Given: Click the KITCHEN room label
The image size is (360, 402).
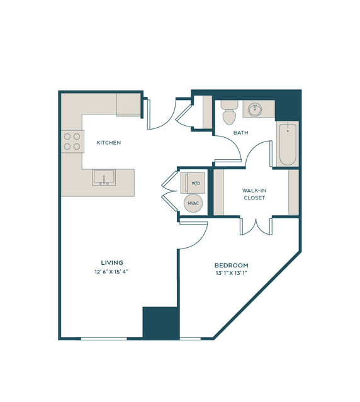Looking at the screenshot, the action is coord(108,143).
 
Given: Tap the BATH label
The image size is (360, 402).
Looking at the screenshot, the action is coord(241,133).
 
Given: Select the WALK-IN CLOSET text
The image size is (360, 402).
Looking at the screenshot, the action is coord(254,194).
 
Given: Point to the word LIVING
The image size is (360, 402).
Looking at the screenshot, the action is coord(112,262).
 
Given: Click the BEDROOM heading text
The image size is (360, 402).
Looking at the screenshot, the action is coord(231,265).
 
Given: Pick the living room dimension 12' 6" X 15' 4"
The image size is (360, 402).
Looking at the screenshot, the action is coord(111,272).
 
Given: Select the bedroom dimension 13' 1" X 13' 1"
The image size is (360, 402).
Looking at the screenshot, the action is coord(231,273).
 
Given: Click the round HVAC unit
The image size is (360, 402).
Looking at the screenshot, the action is coord(193,203).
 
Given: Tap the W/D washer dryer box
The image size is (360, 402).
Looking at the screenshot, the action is coord(193,183).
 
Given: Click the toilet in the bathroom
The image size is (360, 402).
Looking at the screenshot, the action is coord(230,112).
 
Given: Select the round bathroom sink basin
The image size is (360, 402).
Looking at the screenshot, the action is coord(255,109).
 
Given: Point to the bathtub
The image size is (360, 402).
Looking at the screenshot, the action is coord(288,144).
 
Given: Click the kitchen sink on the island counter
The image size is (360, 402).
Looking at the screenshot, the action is coord(104,177).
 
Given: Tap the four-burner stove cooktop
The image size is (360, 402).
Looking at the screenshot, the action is coord(72,142).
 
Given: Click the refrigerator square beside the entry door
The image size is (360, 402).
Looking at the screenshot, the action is coord(128,104).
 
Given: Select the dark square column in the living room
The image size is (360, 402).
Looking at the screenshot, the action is coord(160,322).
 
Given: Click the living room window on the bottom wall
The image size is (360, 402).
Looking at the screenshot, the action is coord(104,338).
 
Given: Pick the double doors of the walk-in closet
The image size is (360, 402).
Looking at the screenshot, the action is coord(256,226).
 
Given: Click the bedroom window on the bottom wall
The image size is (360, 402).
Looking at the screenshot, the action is coord(190,338).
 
